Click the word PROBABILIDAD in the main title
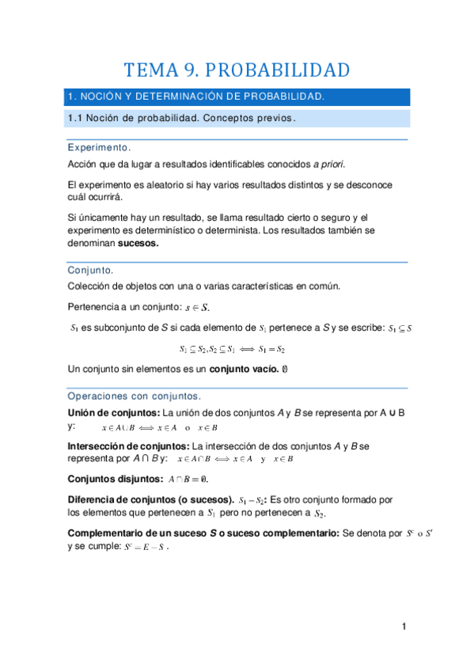click(x=281, y=70)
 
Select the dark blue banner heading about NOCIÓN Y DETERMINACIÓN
click(x=196, y=97)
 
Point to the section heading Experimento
click(x=99, y=148)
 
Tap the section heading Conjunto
click(x=90, y=271)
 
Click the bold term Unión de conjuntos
click(x=113, y=413)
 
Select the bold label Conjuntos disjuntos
click(x=116, y=480)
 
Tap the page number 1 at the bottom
click(x=404, y=627)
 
